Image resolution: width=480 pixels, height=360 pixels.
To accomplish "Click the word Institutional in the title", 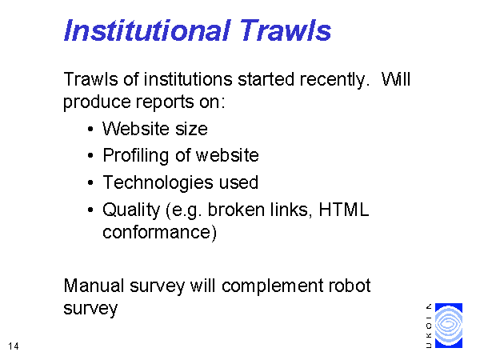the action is pyautogui.click(x=146, y=30).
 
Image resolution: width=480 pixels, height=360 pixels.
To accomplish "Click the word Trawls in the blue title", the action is pyautogui.click(x=285, y=30).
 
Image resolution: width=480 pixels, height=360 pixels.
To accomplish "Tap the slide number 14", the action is pyautogui.click(x=14, y=346).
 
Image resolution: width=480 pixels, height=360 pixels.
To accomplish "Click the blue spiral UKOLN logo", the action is pyautogui.click(x=449, y=326).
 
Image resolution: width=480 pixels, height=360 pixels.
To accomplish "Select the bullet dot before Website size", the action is pyautogui.click(x=90, y=129).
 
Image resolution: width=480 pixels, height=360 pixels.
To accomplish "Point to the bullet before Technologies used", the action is pyautogui.click(x=90, y=182).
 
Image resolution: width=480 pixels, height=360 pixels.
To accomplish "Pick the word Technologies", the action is pyautogui.click(x=158, y=182).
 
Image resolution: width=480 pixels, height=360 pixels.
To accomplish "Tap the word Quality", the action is pyautogui.click(x=131, y=210).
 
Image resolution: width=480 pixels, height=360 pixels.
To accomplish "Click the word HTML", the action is pyautogui.click(x=344, y=210).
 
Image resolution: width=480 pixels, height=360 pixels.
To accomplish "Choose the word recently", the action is pyautogui.click(x=333, y=79).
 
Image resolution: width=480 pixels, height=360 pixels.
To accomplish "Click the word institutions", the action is pyautogui.click(x=188, y=79).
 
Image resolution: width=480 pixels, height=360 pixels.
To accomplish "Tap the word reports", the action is pyautogui.click(x=164, y=102).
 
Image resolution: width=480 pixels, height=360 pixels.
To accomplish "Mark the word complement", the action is pyautogui.click(x=272, y=286).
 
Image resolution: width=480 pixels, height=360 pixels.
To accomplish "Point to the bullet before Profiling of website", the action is pyautogui.click(x=90, y=156).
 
